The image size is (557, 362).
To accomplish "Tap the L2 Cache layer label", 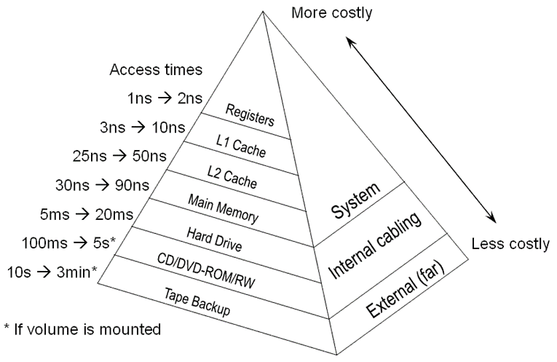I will (232, 175).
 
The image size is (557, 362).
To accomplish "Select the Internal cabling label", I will (374, 245).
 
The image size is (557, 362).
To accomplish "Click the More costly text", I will (332, 12).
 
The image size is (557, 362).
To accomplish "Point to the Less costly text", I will (510, 243).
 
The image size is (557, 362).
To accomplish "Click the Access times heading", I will (156, 71).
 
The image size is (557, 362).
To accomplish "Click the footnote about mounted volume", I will (82, 329).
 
